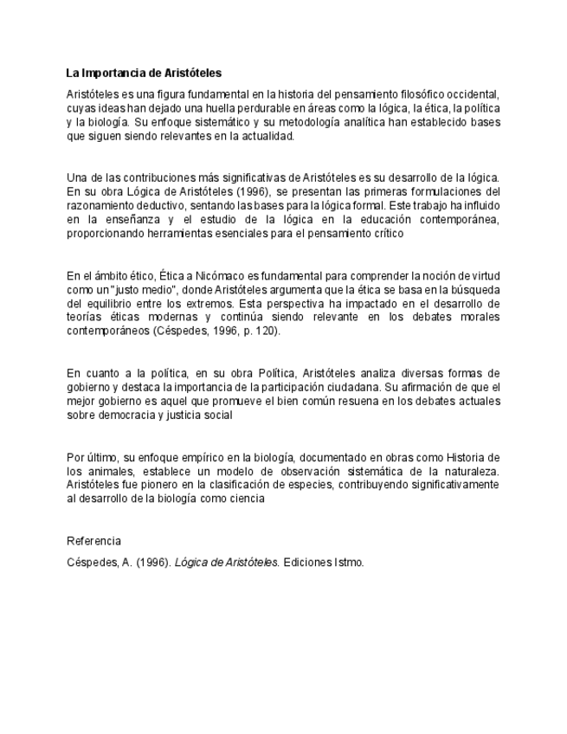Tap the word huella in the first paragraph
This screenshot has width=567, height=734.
coord(241,108)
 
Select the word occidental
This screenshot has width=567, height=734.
coord(472,93)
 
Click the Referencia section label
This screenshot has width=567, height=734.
coord(93,541)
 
